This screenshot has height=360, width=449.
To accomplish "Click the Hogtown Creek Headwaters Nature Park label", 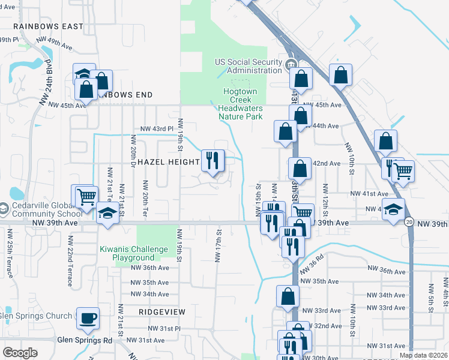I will point(240,104).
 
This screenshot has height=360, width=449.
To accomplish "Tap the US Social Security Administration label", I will point(249,66).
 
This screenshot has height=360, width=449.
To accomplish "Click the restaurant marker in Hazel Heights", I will point(212,160).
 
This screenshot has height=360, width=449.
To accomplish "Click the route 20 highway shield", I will point(408,222).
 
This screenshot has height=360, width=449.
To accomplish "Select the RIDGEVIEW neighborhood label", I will point(162,313).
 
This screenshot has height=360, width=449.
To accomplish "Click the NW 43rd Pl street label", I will point(157,129).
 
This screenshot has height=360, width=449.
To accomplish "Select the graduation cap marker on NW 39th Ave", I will point(107,214).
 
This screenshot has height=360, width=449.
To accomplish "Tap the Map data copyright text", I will point(423,355).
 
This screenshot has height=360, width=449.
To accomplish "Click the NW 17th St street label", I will point(218,244).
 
